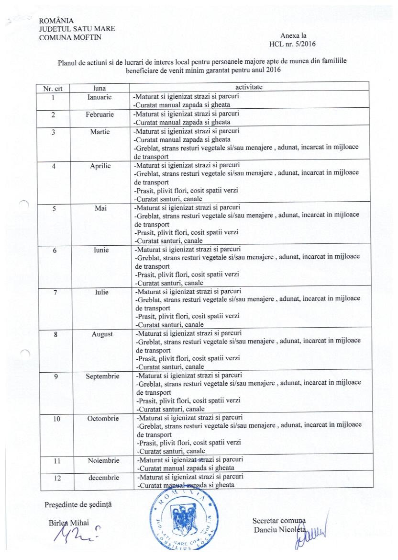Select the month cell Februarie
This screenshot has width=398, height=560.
point(100,114)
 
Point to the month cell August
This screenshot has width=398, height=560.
point(102,334)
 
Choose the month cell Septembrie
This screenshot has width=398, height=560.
point(102,376)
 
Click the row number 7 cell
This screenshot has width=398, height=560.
point(55,292)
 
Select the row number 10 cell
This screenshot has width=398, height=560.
point(56,418)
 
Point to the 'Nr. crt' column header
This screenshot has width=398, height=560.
point(53,88)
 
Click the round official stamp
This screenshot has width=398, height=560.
point(184,524)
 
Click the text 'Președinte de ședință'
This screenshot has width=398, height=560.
point(73,504)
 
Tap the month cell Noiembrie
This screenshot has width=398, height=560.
point(103,460)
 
